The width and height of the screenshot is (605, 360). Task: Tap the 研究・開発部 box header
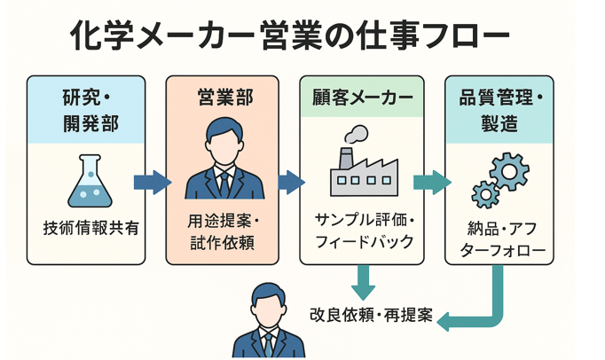85,109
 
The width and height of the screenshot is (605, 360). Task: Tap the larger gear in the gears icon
509,171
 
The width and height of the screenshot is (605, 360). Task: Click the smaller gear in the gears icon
485,193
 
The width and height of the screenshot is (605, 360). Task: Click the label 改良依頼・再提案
371,315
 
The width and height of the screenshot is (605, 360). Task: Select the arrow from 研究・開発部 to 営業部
152,182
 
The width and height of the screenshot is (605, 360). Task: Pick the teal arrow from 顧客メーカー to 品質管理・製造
431,182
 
